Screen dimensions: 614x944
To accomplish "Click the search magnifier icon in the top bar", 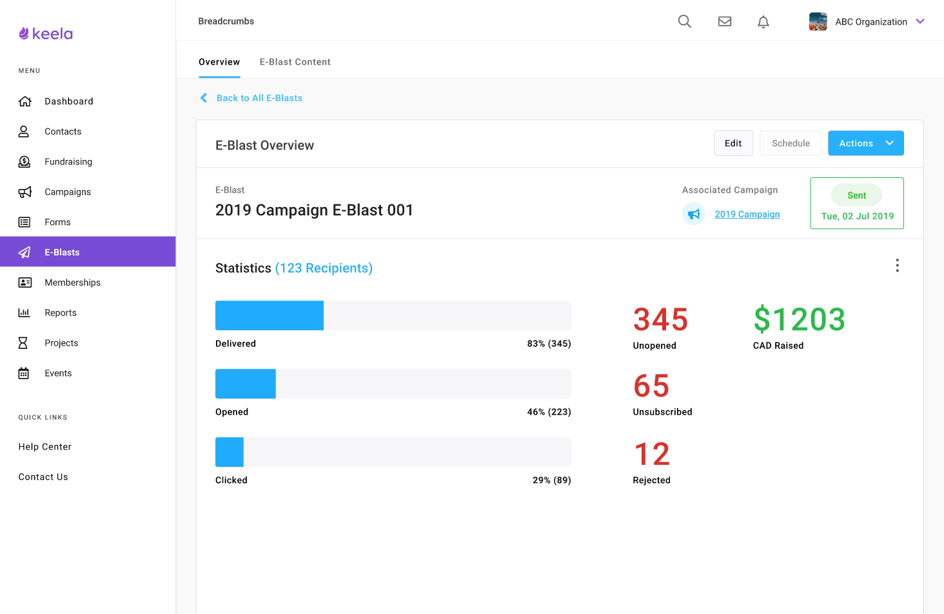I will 685,21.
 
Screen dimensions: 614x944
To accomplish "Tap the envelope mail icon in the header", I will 725,21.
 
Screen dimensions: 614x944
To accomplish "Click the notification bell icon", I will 763,22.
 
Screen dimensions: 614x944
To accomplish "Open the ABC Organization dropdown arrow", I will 920,21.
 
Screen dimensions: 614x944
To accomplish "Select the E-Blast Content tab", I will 295,62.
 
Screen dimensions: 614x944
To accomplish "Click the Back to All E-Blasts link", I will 259,98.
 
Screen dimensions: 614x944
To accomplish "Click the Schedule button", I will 791,143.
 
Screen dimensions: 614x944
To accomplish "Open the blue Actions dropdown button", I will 865,143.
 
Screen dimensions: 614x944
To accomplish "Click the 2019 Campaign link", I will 747,214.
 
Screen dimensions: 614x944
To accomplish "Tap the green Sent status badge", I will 856,195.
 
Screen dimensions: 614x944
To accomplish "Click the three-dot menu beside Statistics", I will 897,266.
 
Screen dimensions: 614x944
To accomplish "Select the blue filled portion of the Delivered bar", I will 270,315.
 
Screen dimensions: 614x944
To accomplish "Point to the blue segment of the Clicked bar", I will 230,452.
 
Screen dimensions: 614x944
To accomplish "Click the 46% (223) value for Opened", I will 549,412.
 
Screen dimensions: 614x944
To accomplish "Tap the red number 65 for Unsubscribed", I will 651,386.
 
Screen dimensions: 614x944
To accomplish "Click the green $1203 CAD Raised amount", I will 799,319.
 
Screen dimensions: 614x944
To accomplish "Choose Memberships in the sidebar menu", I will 72,282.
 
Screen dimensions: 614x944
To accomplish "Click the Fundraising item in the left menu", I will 68,162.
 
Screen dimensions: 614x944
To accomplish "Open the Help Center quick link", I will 45,447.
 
